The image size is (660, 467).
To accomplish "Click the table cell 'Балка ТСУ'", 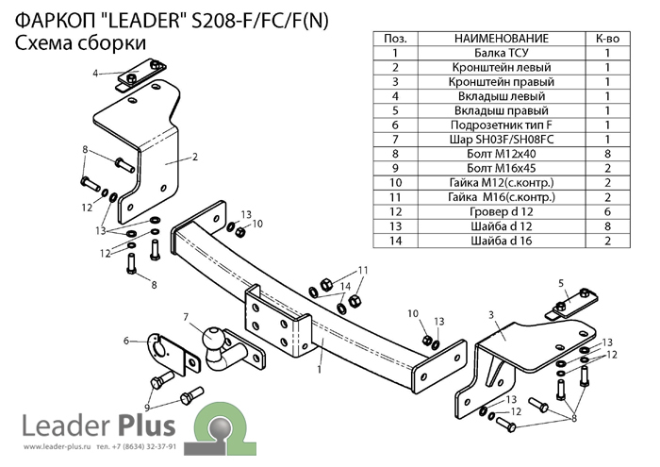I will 501,54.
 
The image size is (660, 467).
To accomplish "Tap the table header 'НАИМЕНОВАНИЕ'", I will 501,39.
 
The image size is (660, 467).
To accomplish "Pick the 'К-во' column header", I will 607,39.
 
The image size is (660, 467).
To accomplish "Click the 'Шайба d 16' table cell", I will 501,240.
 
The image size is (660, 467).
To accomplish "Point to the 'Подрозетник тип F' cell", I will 501,125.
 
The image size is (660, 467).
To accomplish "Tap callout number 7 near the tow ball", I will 187,316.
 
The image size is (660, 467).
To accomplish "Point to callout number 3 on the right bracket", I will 490,313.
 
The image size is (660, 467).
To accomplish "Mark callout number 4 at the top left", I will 95,73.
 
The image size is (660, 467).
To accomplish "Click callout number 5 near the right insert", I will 560,282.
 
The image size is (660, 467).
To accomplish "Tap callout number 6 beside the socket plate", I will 125,341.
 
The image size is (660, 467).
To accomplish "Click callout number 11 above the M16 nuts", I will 362,270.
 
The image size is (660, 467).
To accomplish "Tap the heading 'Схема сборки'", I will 80,43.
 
